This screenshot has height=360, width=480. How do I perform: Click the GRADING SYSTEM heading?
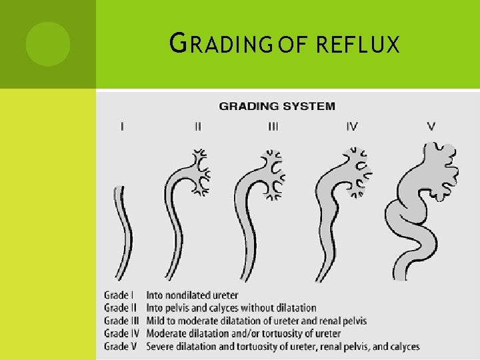pyautogui.click(x=277, y=105)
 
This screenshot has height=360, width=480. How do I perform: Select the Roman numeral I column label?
pyautogui.click(x=121, y=126)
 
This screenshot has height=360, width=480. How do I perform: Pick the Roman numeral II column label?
pyautogui.click(x=197, y=126)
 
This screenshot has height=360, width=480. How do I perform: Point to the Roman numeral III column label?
pyautogui.click(x=273, y=126)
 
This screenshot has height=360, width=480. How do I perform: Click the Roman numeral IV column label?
pyautogui.click(x=352, y=126)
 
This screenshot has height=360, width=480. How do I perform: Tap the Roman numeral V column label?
pyautogui.click(x=431, y=126)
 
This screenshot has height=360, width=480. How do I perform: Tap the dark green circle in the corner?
pyautogui.click(x=47, y=43)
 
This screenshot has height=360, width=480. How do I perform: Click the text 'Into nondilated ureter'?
pyautogui.click(x=192, y=295)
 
